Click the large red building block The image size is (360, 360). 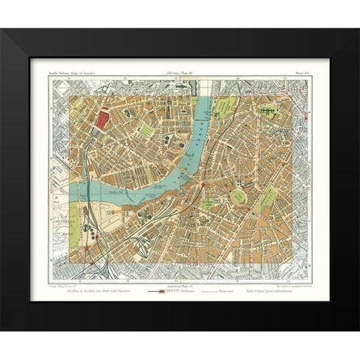pyautogui.click(x=102, y=120)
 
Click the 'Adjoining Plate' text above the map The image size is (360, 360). pyautogui.click(x=179, y=73)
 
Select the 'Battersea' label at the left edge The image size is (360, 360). pyautogui.click(x=60, y=204)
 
